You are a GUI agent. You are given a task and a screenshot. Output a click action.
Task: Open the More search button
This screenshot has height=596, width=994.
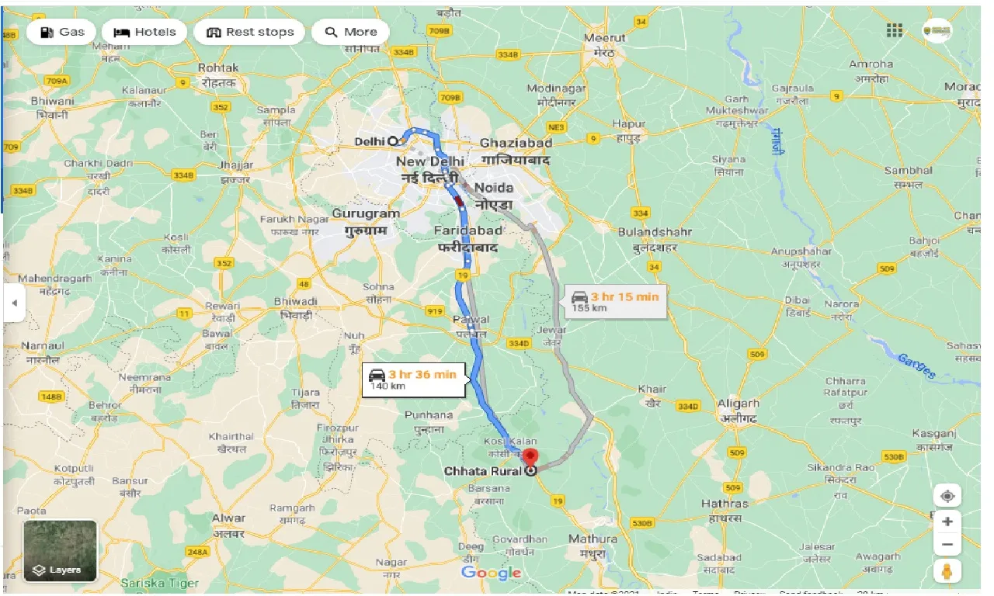click(x=351, y=32)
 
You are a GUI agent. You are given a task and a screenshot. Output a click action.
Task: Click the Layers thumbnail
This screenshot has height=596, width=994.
click(x=61, y=551)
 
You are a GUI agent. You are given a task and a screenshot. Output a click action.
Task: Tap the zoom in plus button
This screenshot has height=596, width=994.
click(x=947, y=521)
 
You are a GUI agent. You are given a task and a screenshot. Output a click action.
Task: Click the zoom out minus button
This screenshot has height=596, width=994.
click(x=947, y=546)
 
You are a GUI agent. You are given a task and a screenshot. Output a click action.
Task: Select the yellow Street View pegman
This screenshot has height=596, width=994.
click(x=947, y=572)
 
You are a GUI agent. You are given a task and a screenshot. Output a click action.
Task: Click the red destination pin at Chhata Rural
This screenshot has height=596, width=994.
click(x=530, y=457)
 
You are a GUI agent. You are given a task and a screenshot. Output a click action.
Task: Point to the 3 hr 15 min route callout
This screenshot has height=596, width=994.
click(x=615, y=301)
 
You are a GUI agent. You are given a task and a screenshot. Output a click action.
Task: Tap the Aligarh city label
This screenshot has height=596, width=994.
click(x=739, y=404)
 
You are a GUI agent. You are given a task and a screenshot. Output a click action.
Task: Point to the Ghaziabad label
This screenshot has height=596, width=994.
click(x=516, y=143)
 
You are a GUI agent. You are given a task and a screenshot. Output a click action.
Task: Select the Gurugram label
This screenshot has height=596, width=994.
click(x=366, y=213)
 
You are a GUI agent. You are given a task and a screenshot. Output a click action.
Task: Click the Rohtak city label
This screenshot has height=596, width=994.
click(x=218, y=68)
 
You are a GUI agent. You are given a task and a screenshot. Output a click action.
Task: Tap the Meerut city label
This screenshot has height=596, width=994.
click(x=605, y=37)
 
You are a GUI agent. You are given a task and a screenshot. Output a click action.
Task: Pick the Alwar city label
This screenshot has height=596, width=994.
click(x=228, y=518)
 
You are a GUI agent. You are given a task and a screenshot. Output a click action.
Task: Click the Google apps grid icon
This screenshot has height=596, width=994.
click(x=895, y=30)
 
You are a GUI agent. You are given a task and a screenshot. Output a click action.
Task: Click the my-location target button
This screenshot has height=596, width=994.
click(x=947, y=496)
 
